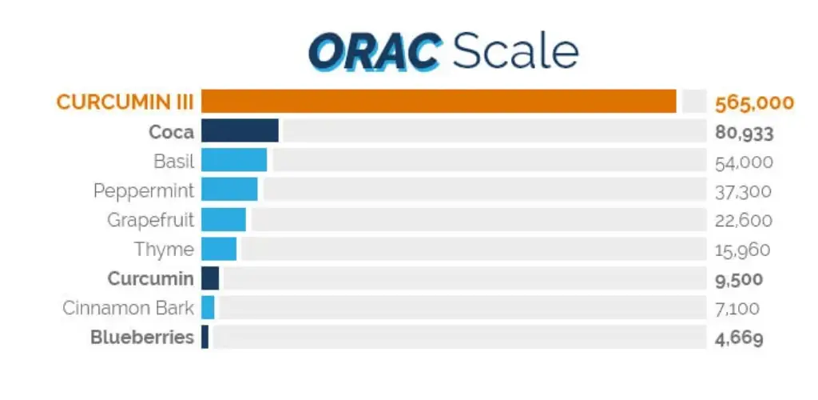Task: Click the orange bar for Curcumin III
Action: [439, 102]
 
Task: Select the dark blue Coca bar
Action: [240, 131]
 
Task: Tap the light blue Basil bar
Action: [234, 161]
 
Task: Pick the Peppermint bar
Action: [229, 190]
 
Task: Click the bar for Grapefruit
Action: [224, 219]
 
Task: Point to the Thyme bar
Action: [219, 249]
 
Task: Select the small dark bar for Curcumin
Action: [210, 278]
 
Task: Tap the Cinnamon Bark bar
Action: [208, 307]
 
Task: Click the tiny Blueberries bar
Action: [205, 337]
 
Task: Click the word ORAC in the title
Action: [374, 52]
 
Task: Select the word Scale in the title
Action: [514, 52]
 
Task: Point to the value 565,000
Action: [754, 102]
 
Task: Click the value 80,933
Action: [744, 133]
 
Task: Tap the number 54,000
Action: [744, 162]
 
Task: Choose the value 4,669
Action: [739, 338]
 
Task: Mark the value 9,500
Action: [739, 279]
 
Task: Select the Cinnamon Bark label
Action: [129, 308]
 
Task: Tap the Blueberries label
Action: [142, 337]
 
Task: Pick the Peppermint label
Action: [144, 191]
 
